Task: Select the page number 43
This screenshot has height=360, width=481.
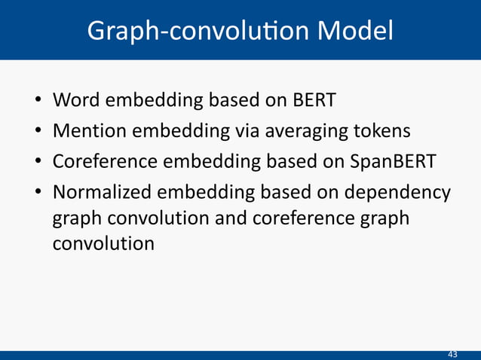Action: click(x=452, y=354)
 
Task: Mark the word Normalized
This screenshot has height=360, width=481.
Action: click(x=103, y=193)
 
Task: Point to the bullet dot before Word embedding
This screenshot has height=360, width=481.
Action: click(x=37, y=101)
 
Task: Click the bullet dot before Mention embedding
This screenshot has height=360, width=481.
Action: click(x=37, y=132)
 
